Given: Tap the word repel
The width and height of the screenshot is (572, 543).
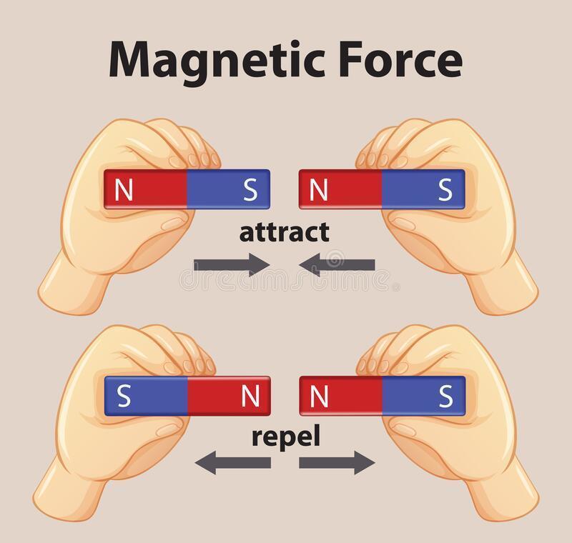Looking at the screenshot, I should (284, 435).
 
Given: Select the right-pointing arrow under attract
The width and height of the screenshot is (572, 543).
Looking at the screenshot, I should (232, 264).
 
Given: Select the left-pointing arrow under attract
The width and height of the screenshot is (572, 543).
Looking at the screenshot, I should (337, 264).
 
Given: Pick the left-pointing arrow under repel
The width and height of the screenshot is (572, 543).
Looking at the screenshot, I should (232, 463).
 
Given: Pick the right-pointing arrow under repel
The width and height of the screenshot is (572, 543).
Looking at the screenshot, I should (337, 463).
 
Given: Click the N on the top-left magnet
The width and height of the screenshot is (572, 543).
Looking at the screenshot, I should (124, 189).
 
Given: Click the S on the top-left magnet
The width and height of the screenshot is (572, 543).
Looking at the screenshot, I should (250, 189).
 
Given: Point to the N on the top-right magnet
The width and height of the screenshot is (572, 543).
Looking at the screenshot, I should (320, 189).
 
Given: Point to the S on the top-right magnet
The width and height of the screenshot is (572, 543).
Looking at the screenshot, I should (445, 189).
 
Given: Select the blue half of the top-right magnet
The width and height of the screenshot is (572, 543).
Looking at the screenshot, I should (415, 189).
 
